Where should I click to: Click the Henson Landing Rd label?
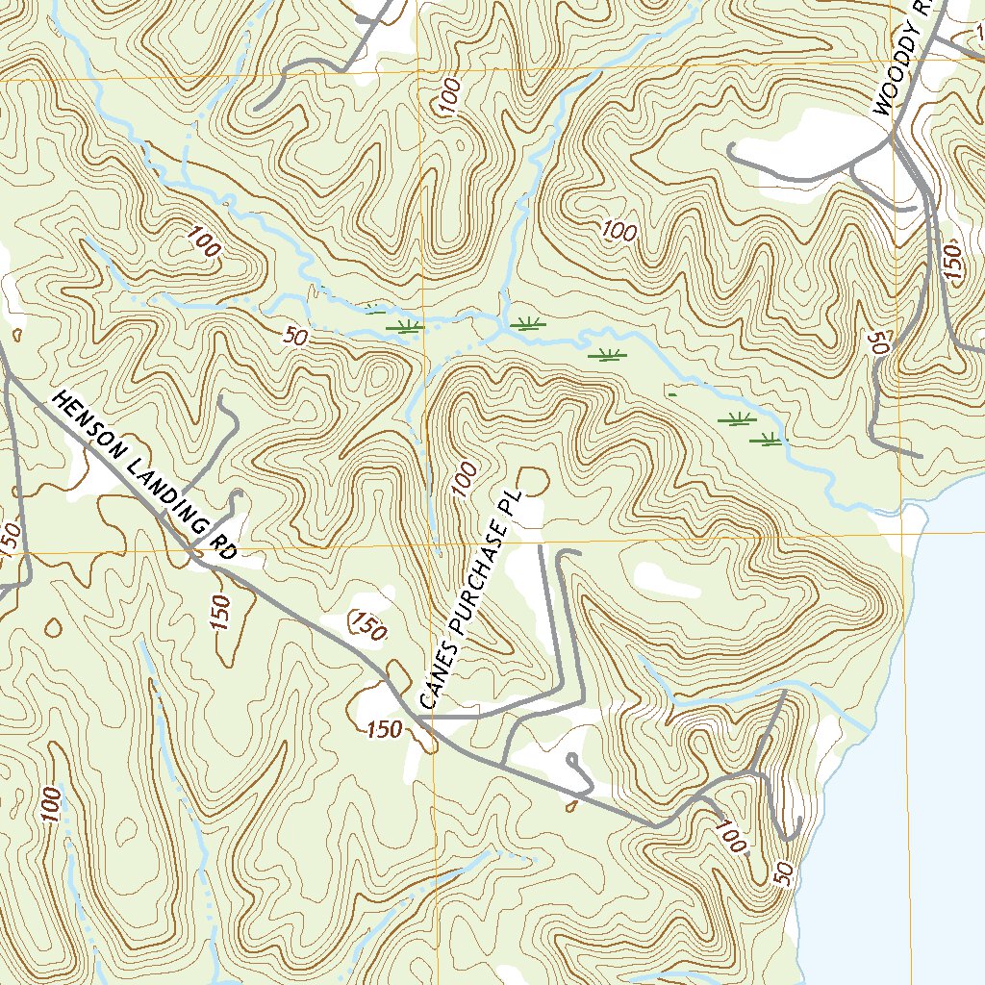144,476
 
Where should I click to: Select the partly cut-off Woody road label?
905,58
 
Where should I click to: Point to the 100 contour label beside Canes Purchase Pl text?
465,480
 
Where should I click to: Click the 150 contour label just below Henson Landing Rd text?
221,613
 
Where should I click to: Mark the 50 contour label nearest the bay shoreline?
785,873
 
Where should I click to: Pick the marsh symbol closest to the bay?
767,441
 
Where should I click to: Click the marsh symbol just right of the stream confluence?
526,324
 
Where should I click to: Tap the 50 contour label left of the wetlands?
296,338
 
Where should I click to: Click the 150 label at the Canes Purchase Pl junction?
384,730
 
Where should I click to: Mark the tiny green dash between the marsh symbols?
671,393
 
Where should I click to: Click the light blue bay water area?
904,770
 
